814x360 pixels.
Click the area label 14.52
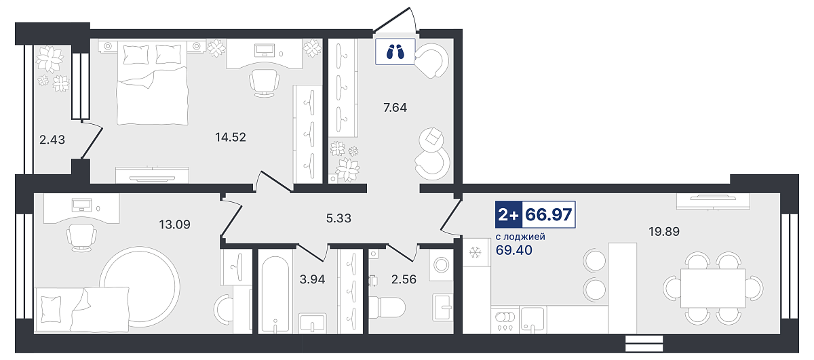pyautogui.click(x=231, y=137)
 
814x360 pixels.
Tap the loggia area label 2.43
pyautogui.click(x=52, y=140)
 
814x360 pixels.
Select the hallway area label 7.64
pyautogui.click(x=395, y=108)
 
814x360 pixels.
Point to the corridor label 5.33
pyautogui.click(x=338, y=218)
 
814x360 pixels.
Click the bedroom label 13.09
pyautogui.click(x=174, y=224)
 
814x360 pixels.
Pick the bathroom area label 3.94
pyautogui.click(x=312, y=279)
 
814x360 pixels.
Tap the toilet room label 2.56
pyautogui.click(x=404, y=279)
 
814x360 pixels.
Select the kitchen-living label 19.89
pyautogui.click(x=664, y=231)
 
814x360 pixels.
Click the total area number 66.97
pyautogui.click(x=549, y=215)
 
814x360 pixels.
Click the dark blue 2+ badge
pyautogui.click(x=509, y=215)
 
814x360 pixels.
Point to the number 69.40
pyautogui.click(x=514, y=250)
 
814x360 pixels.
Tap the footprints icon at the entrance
pyautogui.click(x=395, y=52)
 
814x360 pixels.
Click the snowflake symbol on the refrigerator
pyautogui.click(x=476, y=252)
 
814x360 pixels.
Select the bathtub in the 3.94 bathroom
pyautogui.click(x=275, y=294)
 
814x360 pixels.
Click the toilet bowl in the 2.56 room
pyautogui.click(x=387, y=308)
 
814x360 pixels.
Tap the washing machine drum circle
pyautogui.click(x=442, y=265)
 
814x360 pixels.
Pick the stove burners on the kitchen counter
pyautogui.click(x=505, y=317)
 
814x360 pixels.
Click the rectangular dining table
pyautogui.click(x=713, y=288)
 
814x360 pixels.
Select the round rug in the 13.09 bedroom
pyautogui.click(x=140, y=285)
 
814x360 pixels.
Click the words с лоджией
pyautogui.click(x=520, y=237)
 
